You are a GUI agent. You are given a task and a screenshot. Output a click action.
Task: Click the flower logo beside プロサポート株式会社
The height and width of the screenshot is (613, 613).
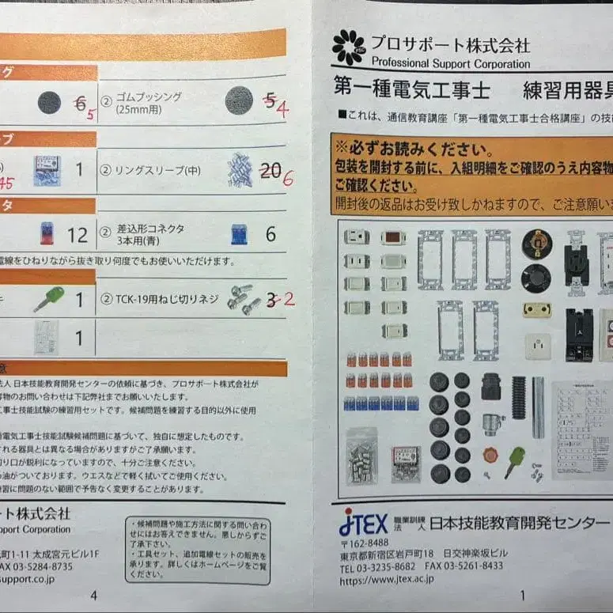[348, 47]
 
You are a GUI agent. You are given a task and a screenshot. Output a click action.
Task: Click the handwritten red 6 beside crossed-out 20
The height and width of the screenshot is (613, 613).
[287, 177]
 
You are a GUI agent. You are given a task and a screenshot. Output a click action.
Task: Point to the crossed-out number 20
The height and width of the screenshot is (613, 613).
[271, 169]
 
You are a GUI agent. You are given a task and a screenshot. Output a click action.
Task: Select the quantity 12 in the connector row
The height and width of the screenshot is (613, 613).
[78, 234]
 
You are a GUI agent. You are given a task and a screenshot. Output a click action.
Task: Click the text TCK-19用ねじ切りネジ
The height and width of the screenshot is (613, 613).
[162, 300]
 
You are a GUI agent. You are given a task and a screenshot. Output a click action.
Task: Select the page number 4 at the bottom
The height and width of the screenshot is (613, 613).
[94, 596]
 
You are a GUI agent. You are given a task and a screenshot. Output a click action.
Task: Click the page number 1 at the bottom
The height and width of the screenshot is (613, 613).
[521, 596]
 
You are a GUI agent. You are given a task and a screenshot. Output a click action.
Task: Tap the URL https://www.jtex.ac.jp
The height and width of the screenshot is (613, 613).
[386, 579]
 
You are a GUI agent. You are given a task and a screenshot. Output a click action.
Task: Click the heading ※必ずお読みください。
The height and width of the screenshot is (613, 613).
[412, 148]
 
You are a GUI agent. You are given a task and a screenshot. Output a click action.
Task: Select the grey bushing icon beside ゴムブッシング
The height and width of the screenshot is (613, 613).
[239, 101]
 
